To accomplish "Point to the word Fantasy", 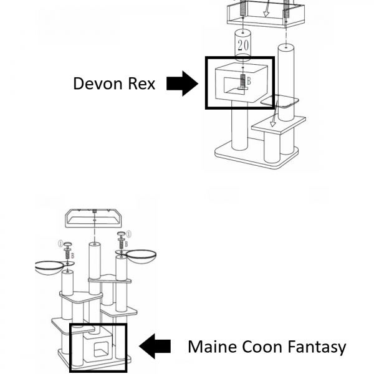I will click(318, 347).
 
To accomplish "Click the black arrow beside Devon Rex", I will click(181, 84).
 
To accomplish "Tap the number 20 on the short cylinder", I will click(242, 44).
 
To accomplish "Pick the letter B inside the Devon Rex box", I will click(249, 81).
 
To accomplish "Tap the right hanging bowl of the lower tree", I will click(140, 257).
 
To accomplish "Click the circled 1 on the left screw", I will click(61, 243).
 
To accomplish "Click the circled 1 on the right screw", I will click(128, 234).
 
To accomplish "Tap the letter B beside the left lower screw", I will click(73, 256).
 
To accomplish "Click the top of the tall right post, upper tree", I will click(286, 47).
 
